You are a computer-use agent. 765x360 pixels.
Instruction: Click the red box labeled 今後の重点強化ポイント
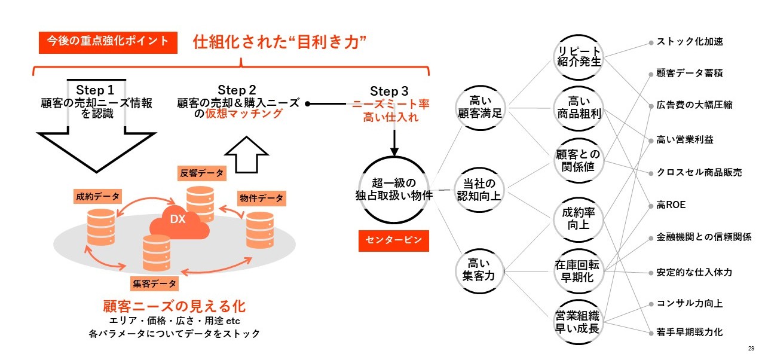[108, 42]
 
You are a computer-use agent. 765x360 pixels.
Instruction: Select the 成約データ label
[97, 196]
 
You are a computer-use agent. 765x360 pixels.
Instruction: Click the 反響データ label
[202, 173]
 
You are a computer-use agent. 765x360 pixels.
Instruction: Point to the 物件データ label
[261, 198]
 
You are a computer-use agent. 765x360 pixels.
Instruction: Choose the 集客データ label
[155, 283]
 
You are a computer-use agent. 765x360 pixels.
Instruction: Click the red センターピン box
[394, 240]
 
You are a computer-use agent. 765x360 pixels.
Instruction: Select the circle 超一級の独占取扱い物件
[393, 188]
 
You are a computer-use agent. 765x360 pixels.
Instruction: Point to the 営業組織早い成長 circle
[577, 322]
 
